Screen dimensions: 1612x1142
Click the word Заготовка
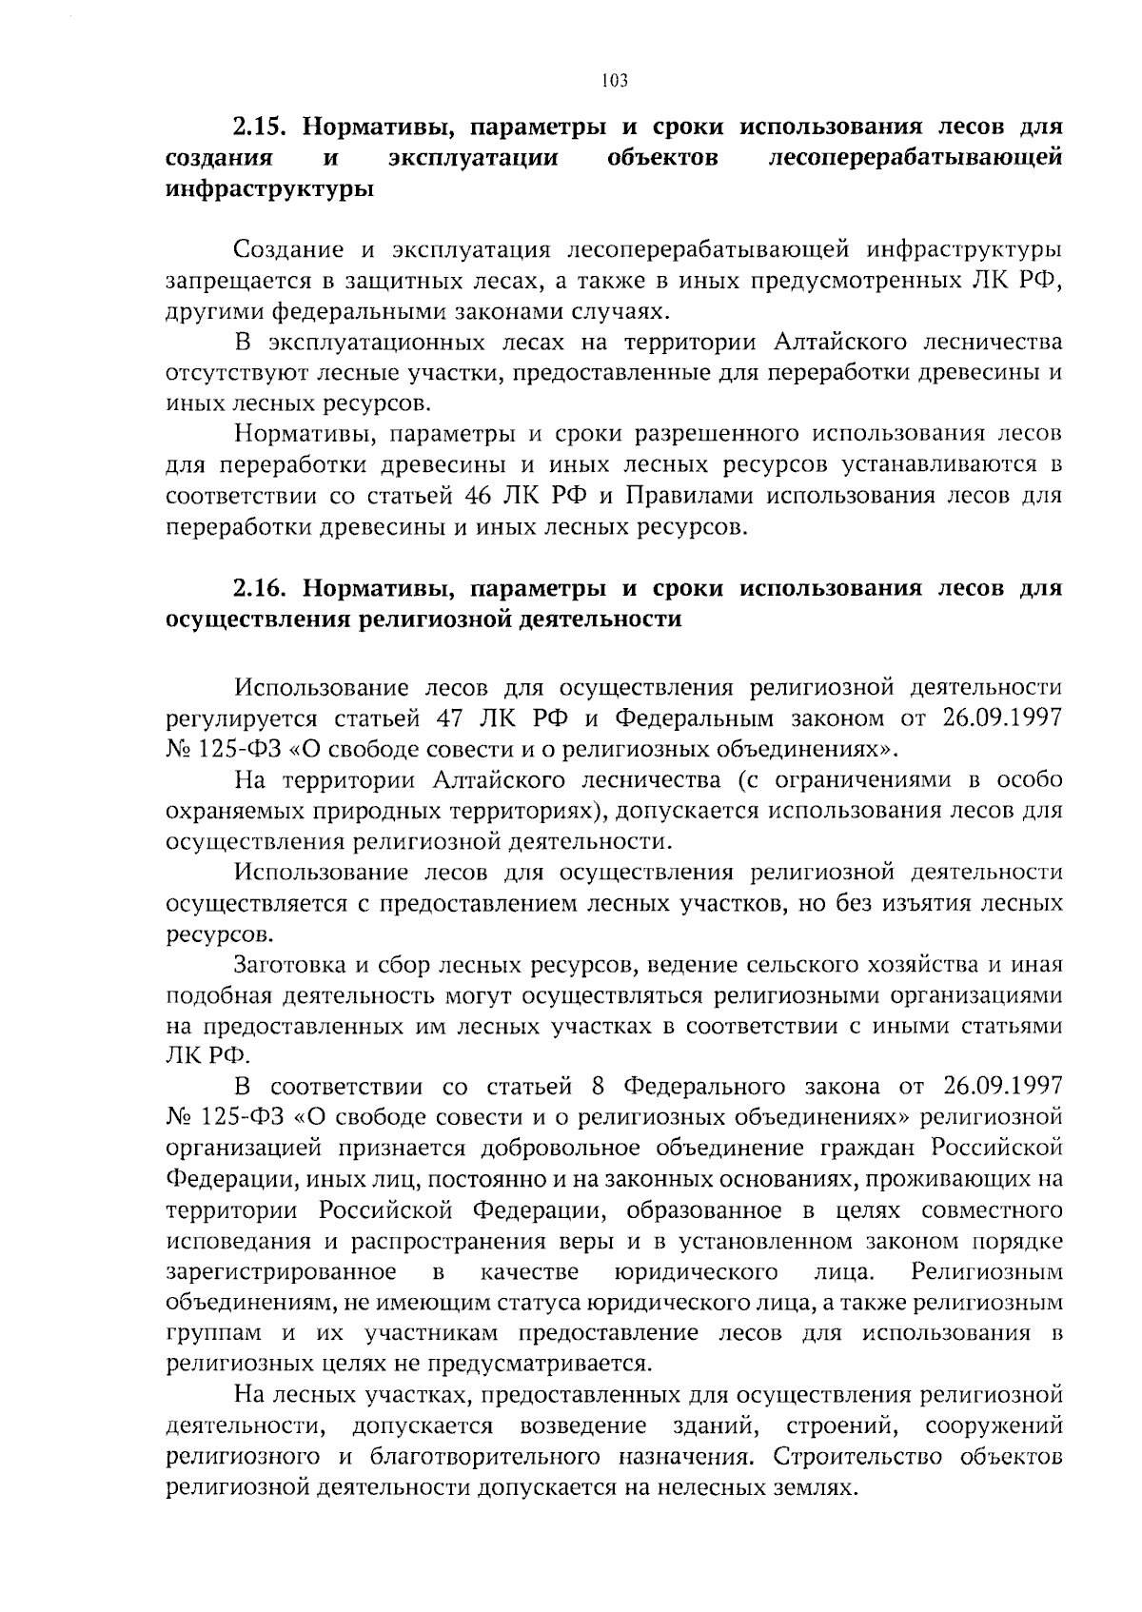click(288, 965)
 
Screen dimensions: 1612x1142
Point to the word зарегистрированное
click(282, 1272)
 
